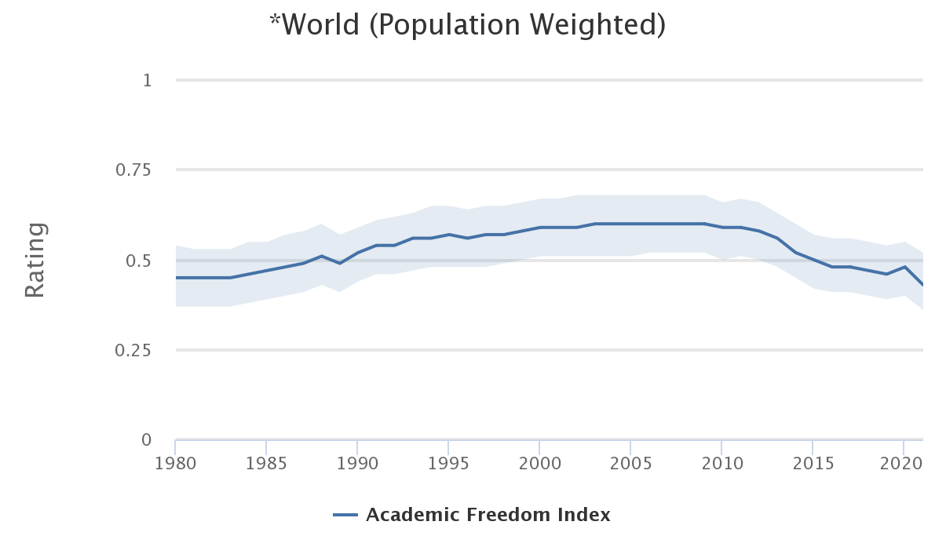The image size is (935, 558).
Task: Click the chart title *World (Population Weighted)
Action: (467, 25)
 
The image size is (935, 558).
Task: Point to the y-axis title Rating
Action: (35, 260)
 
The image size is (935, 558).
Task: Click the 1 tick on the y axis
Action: (147, 80)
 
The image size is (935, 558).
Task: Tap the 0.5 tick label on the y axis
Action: (139, 261)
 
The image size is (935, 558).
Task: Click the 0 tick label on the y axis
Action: (147, 440)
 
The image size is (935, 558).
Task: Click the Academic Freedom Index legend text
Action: (488, 516)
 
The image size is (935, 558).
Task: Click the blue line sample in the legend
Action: (345, 516)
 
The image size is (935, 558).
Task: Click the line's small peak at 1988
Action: (321, 256)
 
